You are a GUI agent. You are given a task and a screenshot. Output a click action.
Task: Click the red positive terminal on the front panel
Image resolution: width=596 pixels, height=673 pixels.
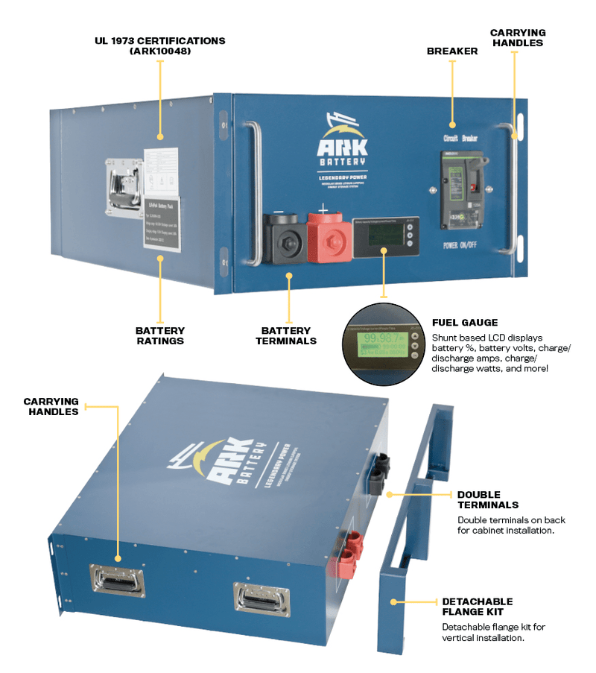[x=326, y=236]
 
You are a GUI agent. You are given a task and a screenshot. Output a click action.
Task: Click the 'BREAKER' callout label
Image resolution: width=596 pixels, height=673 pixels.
[x=451, y=51]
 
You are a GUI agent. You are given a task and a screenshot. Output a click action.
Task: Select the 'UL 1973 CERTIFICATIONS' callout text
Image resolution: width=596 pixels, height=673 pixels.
[x=159, y=45]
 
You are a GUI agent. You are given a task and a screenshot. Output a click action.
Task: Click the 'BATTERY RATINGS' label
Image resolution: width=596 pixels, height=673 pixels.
[x=159, y=335]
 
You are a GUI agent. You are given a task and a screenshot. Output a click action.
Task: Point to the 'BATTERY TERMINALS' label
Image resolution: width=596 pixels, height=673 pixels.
[x=288, y=335]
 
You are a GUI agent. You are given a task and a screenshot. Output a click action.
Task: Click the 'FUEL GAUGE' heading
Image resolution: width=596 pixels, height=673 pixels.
[x=465, y=323]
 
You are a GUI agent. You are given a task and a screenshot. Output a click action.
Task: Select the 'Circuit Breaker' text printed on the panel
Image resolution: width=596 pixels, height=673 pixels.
[x=460, y=139]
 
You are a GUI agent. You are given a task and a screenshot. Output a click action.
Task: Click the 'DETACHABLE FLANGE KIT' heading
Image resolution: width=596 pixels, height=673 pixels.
[x=478, y=607]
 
